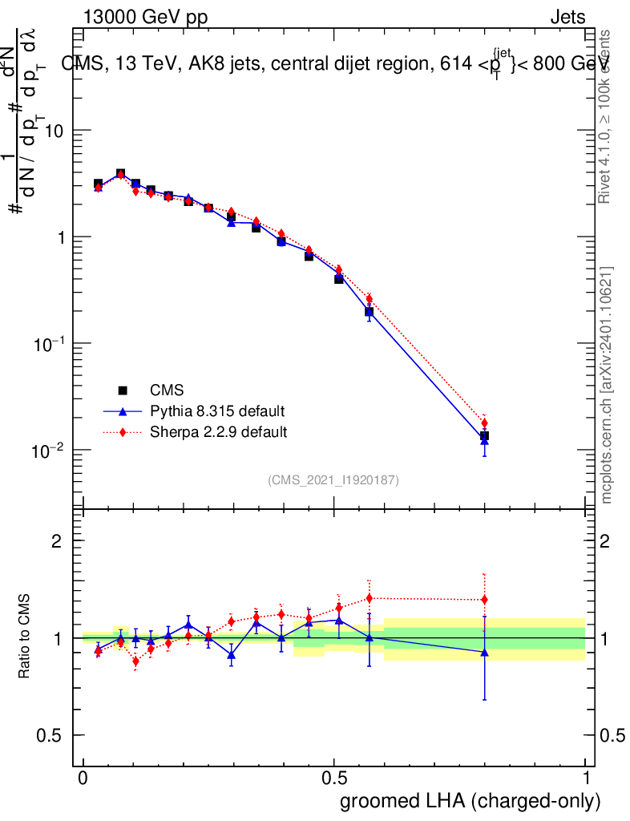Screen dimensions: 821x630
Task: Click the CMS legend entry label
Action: pyautogui.click(x=167, y=390)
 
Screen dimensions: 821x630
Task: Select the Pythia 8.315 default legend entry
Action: pyautogui.click(x=217, y=411)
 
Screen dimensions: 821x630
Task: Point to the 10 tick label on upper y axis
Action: pyautogui.click(x=54, y=131)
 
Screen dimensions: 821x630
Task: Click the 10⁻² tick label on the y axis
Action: pyautogui.click(x=48, y=451)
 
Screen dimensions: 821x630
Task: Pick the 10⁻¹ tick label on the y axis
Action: pyautogui.click(x=48, y=344)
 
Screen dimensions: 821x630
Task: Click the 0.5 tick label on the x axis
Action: pyautogui.click(x=334, y=779)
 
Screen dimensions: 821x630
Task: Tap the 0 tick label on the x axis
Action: pyautogui.click(x=83, y=779)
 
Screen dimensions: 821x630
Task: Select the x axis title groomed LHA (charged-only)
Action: pyautogui.click(x=470, y=801)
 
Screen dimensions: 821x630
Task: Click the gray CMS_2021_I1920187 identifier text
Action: pyautogui.click(x=333, y=480)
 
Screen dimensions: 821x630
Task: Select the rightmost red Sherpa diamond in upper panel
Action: pyautogui.click(x=484, y=423)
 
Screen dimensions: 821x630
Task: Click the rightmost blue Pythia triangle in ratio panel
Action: pyautogui.click(x=484, y=652)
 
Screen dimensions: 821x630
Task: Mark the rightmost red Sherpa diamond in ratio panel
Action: pyautogui.click(x=484, y=600)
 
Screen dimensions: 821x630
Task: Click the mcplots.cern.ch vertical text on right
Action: pyautogui.click(x=608, y=385)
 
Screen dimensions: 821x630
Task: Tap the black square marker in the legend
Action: pyautogui.click(x=123, y=390)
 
